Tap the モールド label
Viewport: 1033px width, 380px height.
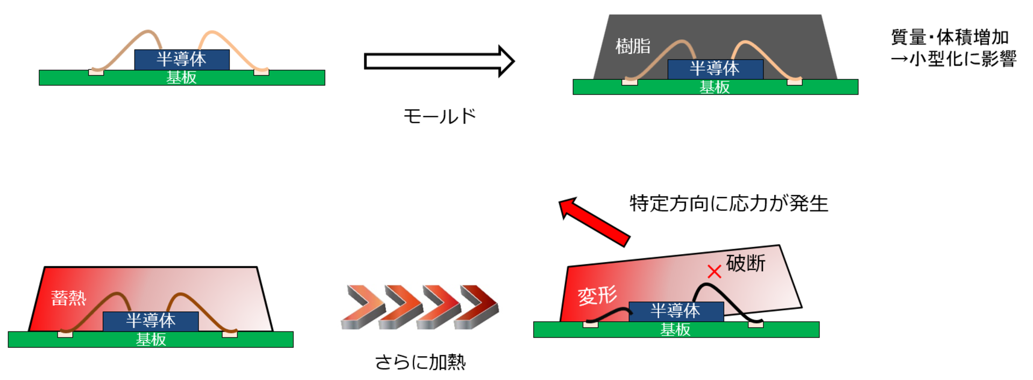tap(440, 116)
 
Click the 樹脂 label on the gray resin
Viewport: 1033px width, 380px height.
tap(633, 46)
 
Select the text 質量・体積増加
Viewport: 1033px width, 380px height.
tap(950, 37)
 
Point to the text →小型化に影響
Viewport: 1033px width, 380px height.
tap(953, 59)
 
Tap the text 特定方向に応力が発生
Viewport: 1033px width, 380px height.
tap(728, 203)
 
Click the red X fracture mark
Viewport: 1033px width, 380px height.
tap(714, 271)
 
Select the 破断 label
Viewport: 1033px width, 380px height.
tap(745, 263)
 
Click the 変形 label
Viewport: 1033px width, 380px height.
tap(597, 295)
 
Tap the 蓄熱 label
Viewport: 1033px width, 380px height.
tap(68, 298)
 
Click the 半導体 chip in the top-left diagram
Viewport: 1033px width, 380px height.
tap(182, 59)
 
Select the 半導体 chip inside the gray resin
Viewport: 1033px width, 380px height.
tap(715, 69)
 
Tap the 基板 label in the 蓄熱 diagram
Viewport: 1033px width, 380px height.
tap(151, 340)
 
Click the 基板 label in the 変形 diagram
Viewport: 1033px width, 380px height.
tap(675, 329)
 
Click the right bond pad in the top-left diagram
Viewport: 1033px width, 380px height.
tap(261, 72)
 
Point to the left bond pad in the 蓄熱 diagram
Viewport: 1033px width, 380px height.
tap(65, 334)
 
